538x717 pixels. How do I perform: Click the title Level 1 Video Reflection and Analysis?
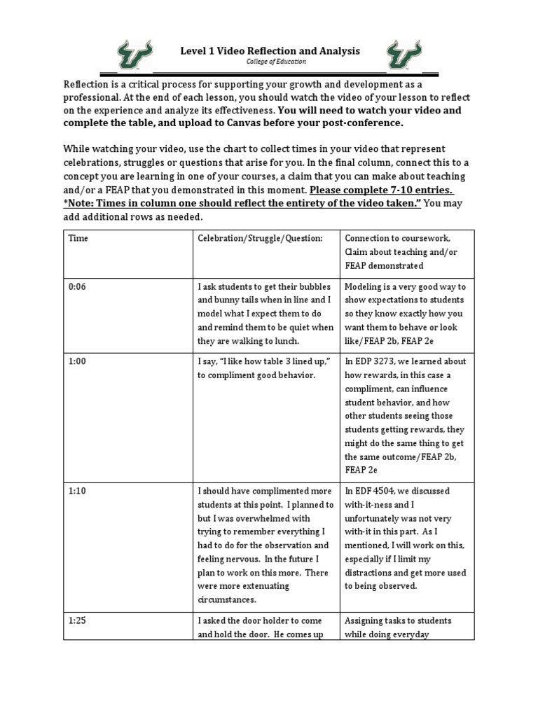270,50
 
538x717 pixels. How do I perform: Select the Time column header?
78,238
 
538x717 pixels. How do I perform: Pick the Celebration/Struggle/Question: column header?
260,238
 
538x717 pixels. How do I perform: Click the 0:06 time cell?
78,287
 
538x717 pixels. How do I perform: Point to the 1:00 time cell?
78,361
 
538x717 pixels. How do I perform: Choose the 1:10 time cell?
78,492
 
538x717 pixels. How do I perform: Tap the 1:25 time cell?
78,620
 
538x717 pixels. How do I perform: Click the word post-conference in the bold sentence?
367,123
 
